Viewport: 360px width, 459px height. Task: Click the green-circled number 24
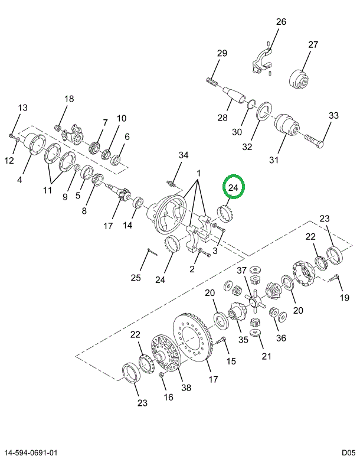coord(233,188)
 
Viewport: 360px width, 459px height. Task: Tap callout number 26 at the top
coord(281,22)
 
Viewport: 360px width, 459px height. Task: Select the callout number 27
coord(313,44)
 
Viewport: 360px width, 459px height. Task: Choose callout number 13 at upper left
coord(22,108)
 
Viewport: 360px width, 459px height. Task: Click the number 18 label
coord(69,99)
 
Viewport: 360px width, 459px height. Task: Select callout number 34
coord(184,155)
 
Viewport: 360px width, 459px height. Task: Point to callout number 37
coord(241,270)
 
